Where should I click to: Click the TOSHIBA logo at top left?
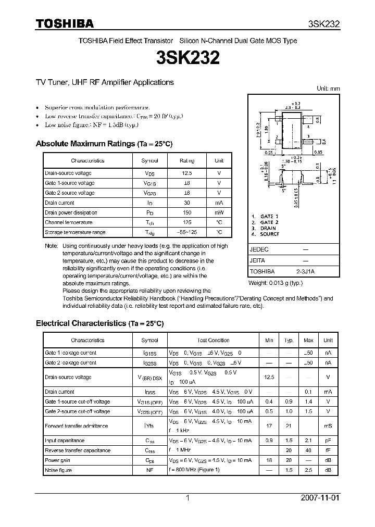[x=64, y=23]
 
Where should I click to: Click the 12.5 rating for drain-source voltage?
[x=186, y=173]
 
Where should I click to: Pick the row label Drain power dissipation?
[x=71, y=212]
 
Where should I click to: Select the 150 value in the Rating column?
[x=186, y=212]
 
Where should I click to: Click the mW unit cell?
[x=219, y=212]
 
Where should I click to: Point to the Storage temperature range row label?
[x=75, y=232]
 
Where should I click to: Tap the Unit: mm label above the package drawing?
[x=328, y=89]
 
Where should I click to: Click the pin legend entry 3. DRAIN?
[x=264, y=228]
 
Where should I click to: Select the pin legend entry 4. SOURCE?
[x=265, y=234]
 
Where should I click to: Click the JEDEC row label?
[x=259, y=249]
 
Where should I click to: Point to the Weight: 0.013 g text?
[x=275, y=283]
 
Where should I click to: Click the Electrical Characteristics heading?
[x=81, y=323]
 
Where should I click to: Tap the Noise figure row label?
[x=58, y=470]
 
